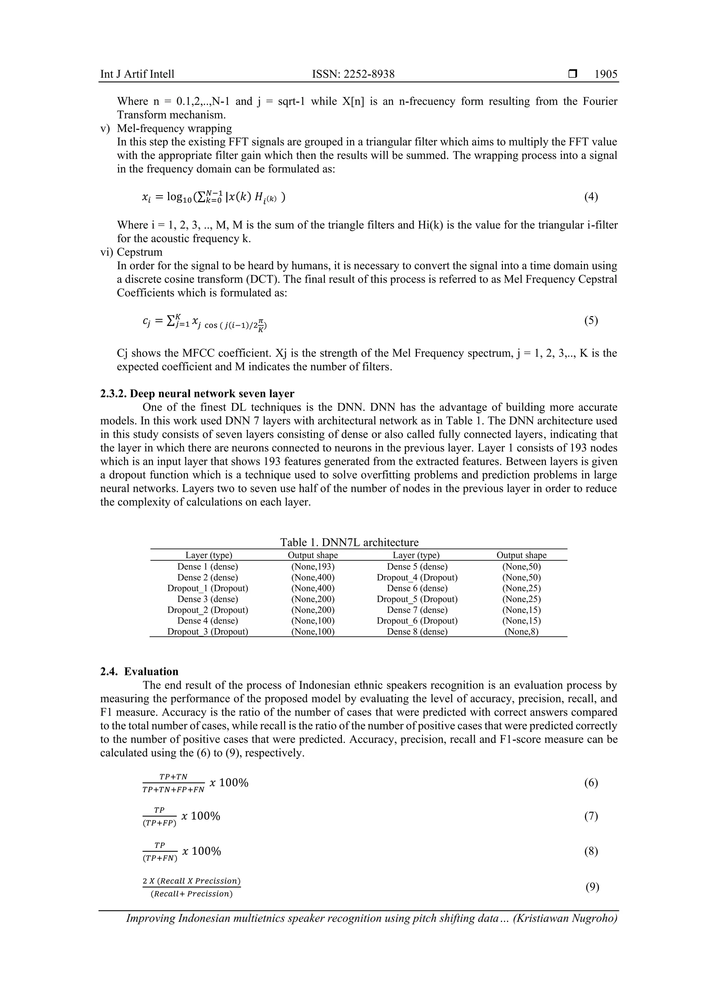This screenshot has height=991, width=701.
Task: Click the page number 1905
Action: point(606,74)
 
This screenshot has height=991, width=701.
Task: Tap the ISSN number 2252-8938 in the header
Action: point(368,74)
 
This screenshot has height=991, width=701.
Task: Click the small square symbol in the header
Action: point(573,74)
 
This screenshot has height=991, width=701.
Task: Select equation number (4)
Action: point(591,197)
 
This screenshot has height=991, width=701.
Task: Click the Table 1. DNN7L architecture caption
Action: point(349,542)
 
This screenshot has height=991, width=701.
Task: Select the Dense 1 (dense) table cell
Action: point(207,567)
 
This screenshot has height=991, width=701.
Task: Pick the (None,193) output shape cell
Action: point(313,567)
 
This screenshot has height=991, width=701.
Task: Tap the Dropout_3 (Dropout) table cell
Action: point(207,631)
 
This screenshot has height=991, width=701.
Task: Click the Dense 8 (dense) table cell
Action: point(417,631)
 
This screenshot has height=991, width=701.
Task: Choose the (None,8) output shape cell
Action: point(521,632)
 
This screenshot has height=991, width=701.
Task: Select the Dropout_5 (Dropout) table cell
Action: point(417,599)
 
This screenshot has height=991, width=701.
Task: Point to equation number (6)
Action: point(591,783)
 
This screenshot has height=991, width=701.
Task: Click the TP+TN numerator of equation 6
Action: point(173,777)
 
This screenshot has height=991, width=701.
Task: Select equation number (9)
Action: point(592,887)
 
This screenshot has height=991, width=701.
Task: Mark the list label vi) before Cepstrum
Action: point(107,252)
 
